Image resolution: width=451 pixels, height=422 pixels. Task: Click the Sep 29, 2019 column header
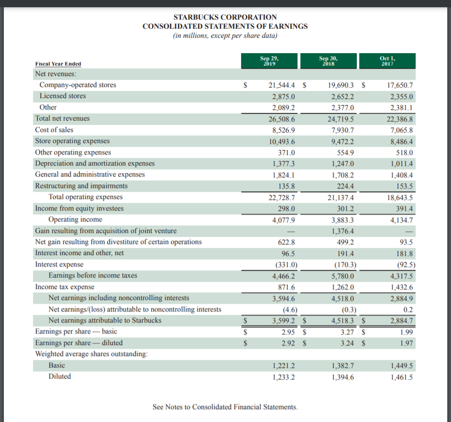click(x=269, y=60)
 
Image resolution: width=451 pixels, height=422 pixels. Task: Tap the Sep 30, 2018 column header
click(x=329, y=60)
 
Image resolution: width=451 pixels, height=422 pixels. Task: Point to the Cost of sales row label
click(x=54, y=130)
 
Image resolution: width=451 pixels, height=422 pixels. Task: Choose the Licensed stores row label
click(x=63, y=96)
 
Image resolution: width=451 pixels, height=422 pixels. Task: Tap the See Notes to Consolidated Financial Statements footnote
click(x=225, y=407)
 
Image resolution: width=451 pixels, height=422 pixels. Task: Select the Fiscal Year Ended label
click(x=58, y=64)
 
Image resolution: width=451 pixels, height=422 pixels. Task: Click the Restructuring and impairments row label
click(x=81, y=186)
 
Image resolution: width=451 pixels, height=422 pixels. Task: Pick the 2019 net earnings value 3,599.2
click(x=283, y=321)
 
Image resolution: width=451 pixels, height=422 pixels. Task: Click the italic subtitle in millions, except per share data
click(x=225, y=36)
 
